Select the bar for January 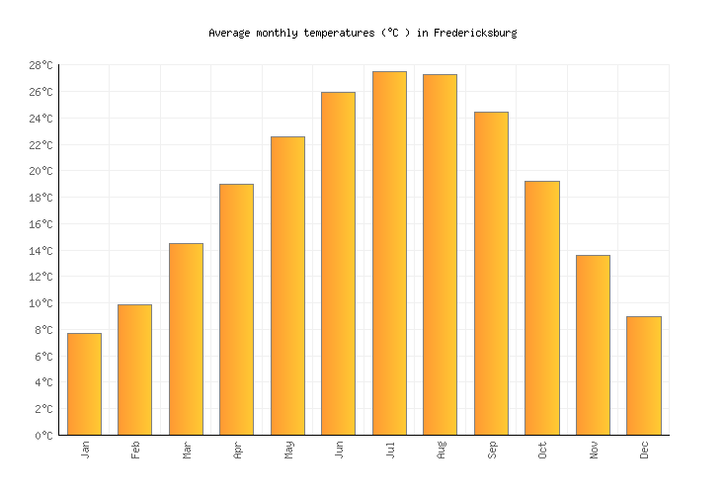[84, 384]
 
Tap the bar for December [643, 375]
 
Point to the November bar [593, 345]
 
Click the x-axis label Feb [135, 450]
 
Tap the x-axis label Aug [441, 450]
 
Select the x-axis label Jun [339, 450]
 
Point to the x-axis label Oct [542, 450]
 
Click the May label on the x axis [288, 450]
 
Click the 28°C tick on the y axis [40, 65]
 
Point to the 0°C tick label [43, 435]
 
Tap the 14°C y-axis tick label [40, 250]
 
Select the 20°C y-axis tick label [40, 171]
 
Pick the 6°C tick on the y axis [43, 356]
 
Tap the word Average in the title [228, 33]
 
